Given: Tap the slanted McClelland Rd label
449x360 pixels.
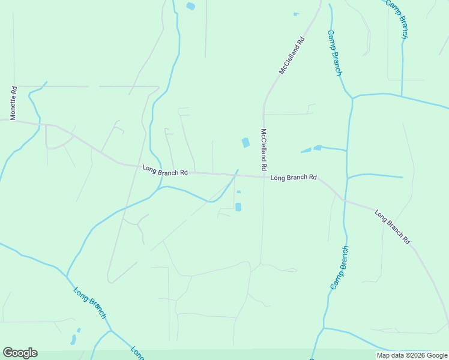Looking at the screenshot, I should (x=292, y=56).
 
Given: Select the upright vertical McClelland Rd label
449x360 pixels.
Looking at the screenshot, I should (x=263, y=148).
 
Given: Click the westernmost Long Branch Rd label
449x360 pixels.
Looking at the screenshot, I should (x=165, y=171).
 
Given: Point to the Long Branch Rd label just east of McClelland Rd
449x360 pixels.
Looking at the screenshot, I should (x=293, y=178).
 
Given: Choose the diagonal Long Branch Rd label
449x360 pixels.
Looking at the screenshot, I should (x=392, y=226).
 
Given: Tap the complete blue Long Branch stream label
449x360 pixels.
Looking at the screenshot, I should (x=90, y=302).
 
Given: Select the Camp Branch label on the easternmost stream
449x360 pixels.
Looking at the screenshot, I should (x=397, y=19).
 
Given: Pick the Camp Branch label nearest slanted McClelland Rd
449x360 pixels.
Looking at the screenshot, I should (x=334, y=53).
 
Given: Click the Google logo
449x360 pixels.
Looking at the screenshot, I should (x=20, y=353).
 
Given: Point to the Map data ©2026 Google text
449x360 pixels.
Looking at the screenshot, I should (x=412, y=355).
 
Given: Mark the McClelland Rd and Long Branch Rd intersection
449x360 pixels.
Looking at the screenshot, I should (x=263, y=176).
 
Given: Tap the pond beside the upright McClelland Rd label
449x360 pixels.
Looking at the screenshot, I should (x=245, y=142).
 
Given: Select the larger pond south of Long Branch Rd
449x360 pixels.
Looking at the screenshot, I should (x=238, y=207).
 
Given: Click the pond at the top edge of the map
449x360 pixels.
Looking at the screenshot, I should (x=191, y=6).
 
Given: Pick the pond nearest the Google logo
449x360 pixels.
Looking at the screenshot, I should (x=74, y=339).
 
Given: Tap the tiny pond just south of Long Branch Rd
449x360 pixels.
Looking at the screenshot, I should (x=239, y=192).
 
